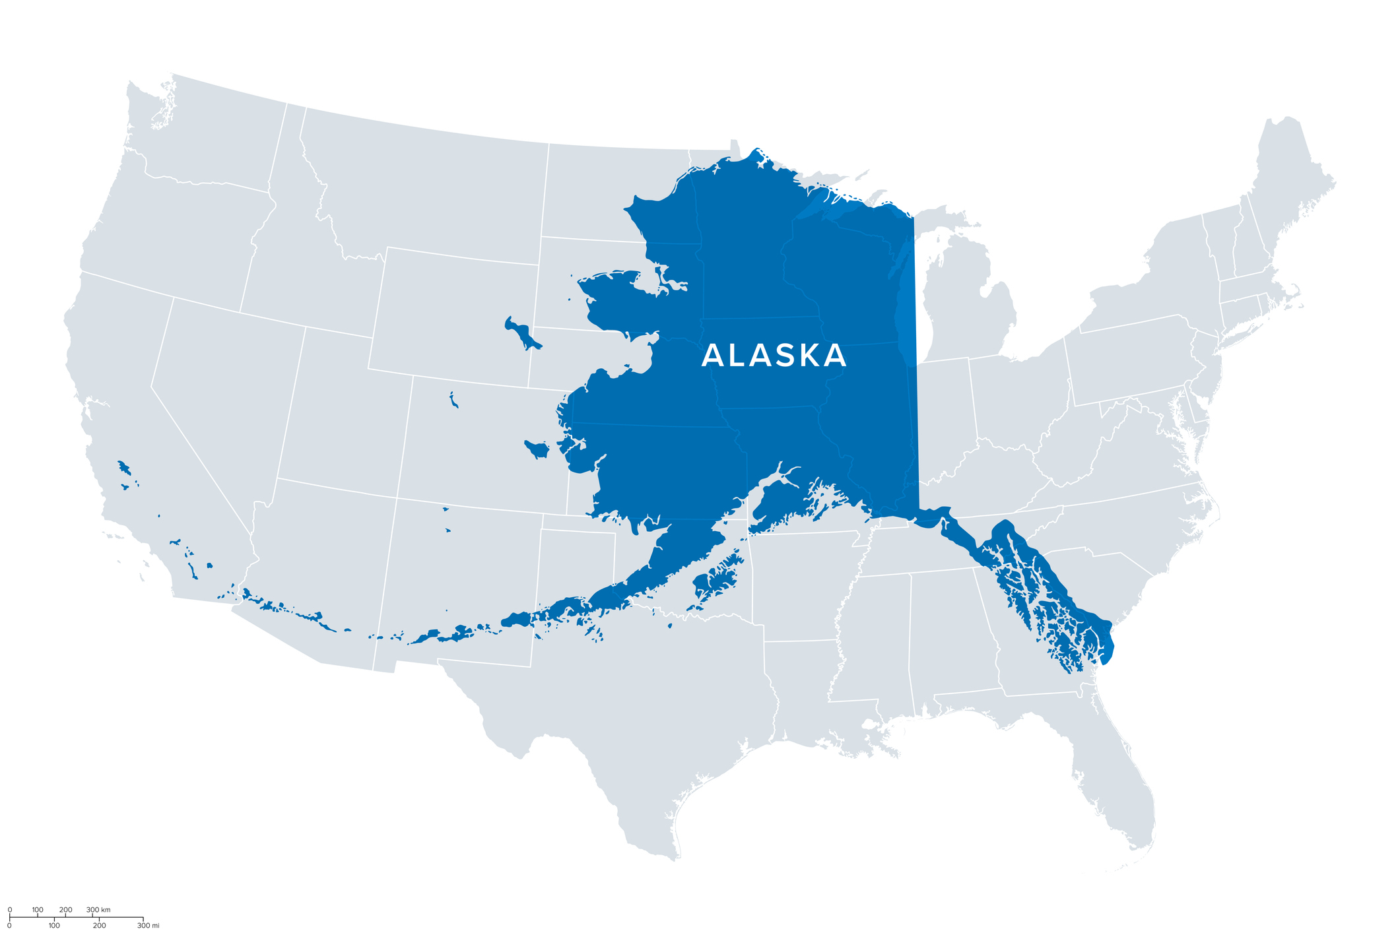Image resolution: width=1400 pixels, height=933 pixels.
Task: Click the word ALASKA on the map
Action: coord(774,356)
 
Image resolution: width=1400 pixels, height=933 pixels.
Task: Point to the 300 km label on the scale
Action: coord(98,910)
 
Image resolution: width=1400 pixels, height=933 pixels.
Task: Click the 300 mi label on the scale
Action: coord(148,926)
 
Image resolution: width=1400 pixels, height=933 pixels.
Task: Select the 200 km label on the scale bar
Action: coord(65,910)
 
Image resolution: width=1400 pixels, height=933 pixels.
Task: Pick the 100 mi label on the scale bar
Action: coord(54,926)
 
